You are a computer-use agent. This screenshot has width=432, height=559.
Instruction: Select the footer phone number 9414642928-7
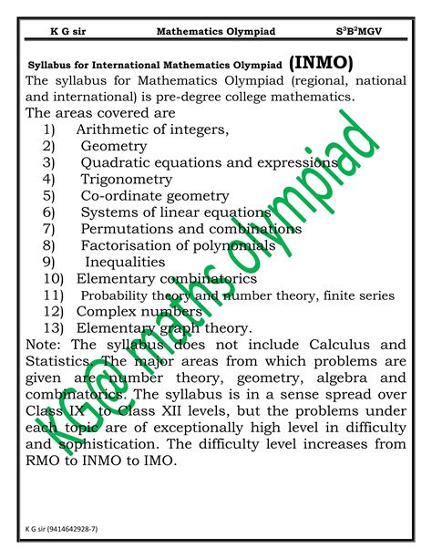click(82, 527)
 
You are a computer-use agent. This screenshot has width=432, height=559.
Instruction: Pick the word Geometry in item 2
click(114, 147)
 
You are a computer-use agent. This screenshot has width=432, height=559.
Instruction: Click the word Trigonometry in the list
click(127, 180)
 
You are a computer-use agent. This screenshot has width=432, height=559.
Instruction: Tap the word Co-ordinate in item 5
click(118, 196)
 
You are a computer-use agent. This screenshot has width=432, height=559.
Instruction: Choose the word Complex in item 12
click(106, 311)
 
